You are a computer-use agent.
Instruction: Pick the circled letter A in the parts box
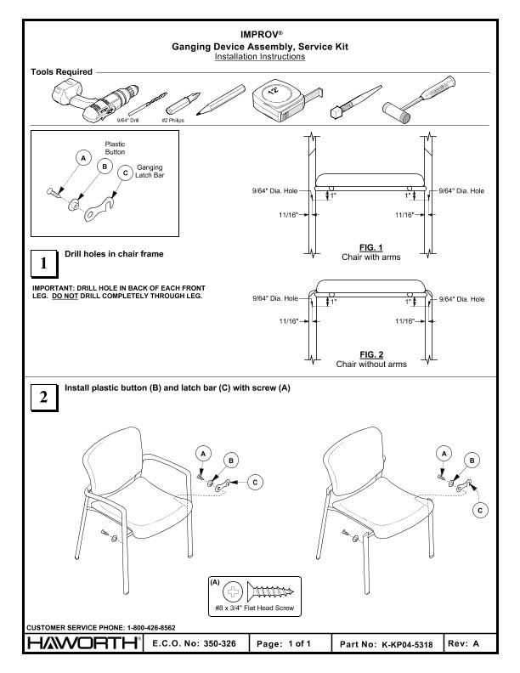pos(83,159)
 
